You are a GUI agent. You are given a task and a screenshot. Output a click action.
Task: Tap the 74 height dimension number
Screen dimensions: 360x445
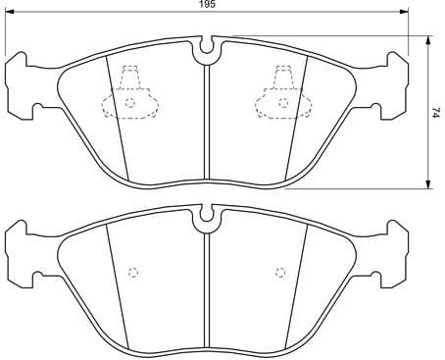(435, 114)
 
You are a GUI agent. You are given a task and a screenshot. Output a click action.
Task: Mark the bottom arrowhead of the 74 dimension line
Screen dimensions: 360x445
(427, 185)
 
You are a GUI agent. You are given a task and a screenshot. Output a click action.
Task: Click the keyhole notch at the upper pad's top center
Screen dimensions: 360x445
(206, 46)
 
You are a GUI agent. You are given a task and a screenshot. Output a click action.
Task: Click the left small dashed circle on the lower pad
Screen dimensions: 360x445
(134, 272)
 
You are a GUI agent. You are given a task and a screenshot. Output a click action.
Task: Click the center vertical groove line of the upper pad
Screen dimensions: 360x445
(206, 118)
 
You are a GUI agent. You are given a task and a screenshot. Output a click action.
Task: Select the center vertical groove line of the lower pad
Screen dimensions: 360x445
(206, 284)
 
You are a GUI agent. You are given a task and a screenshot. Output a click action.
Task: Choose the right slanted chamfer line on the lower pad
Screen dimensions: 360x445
(296, 284)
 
